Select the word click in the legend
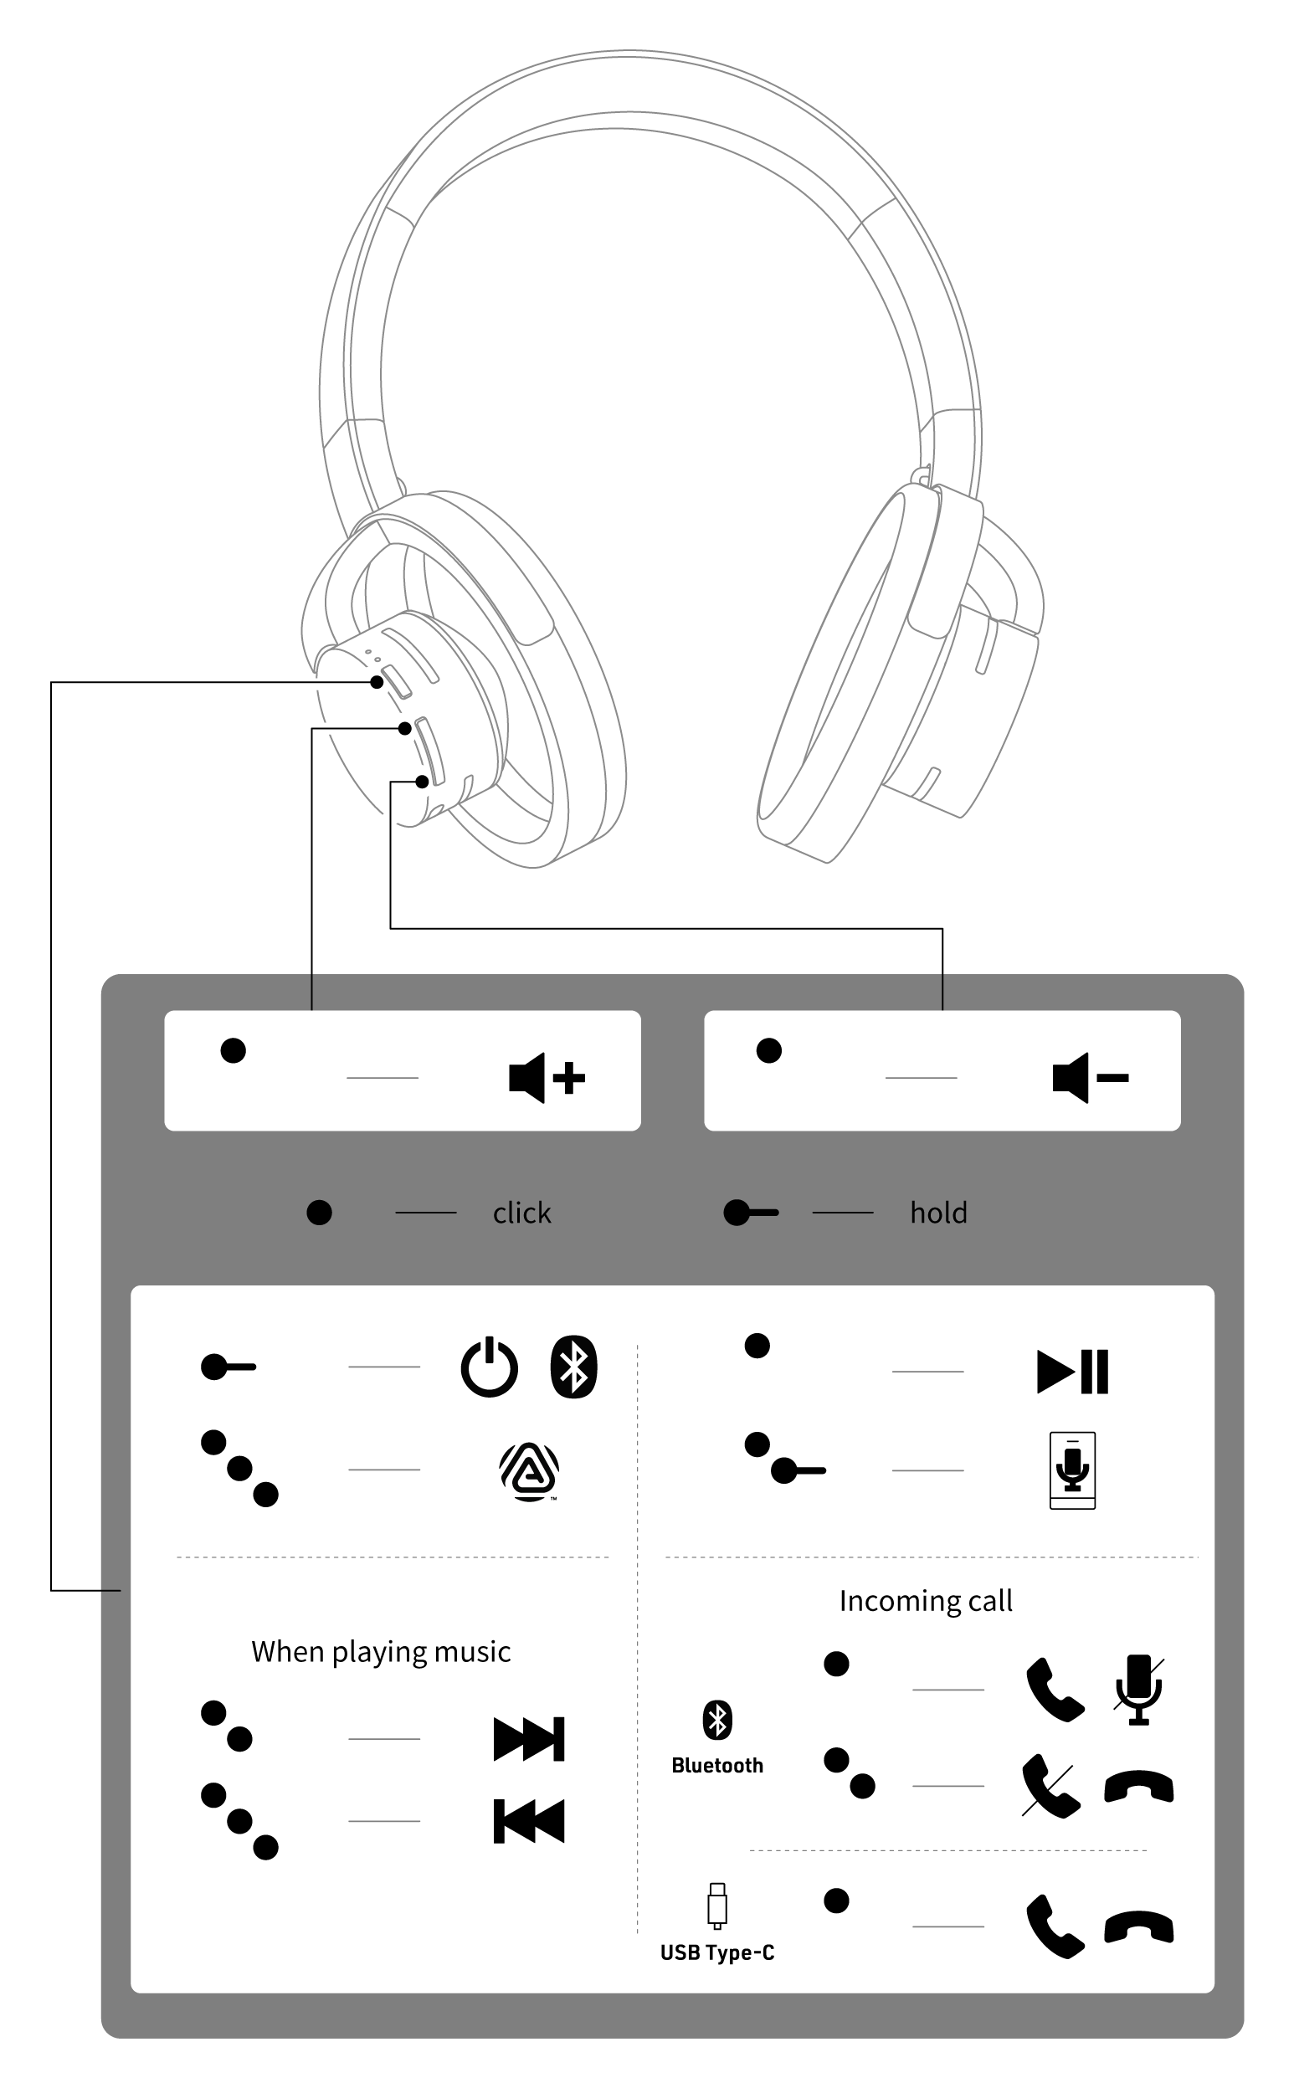click(x=521, y=1213)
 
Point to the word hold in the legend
click(x=938, y=1213)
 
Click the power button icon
click(x=490, y=1367)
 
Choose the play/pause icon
click(x=1072, y=1371)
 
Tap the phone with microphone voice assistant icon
click(x=1072, y=1470)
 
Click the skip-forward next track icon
click(x=529, y=1738)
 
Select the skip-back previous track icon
click(x=529, y=1820)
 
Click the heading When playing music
click(x=381, y=1652)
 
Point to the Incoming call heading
click(x=925, y=1600)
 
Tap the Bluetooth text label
click(x=717, y=1766)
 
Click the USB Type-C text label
click(x=717, y=1952)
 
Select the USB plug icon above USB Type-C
click(x=717, y=1906)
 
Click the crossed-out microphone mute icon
click(x=1138, y=1688)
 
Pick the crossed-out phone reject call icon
click(x=1052, y=1786)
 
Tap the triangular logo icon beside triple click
click(x=529, y=1470)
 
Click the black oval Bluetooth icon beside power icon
click(x=573, y=1367)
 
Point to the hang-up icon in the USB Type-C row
click(x=1138, y=1927)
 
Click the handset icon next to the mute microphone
click(x=1055, y=1689)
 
